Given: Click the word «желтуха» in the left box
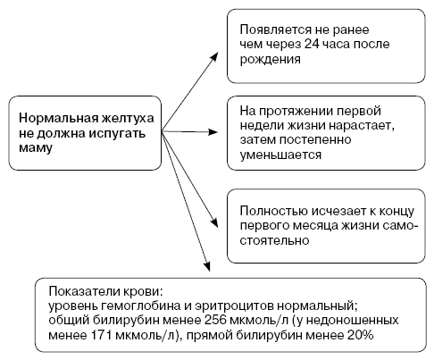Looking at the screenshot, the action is [x=128, y=118].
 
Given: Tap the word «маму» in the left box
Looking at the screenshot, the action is [x=36, y=148].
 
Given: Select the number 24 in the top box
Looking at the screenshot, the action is [x=312, y=44].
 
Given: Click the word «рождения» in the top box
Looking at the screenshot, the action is [x=270, y=60].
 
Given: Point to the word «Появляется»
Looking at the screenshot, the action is [x=275, y=29].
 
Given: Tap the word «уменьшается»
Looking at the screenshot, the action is [x=280, y=155].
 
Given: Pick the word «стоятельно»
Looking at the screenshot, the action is [x=274, y=240].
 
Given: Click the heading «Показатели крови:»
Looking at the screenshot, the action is [x=106, y=291].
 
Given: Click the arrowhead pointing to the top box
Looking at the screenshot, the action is [x=214, y=57].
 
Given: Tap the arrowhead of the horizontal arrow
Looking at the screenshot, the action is [x=213, y=132].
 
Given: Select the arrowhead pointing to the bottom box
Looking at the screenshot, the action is [x=207, y=266].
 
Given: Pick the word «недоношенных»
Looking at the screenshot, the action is [x=353, y=320].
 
